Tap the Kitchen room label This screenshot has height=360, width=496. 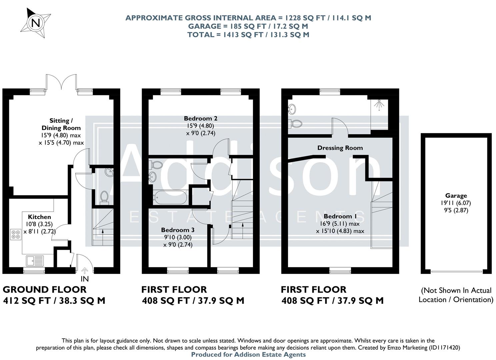pos(39,217)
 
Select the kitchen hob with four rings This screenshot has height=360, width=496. pos(15,234)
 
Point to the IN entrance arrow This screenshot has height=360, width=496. pos(85,271)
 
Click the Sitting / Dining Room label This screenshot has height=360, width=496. pos(61,124)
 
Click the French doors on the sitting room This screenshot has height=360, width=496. pos(61,82)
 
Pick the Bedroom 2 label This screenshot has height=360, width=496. pos(200,118)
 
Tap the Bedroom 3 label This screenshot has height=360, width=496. pos(177,230)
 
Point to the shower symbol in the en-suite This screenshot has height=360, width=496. pos(379,105)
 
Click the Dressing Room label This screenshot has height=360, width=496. pos(340,148)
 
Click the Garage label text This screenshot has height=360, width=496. pos(456,196)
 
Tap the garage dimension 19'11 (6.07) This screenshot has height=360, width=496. pos(456,203)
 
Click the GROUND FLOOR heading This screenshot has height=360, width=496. pos(45,289)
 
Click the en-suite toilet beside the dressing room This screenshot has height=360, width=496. pos(295,123)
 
